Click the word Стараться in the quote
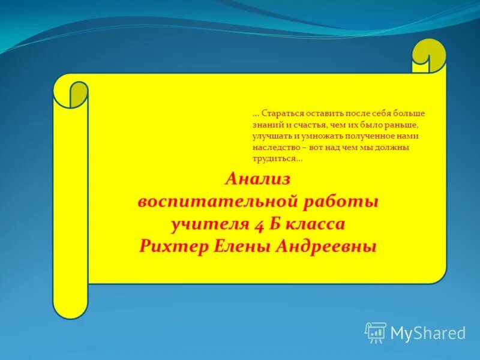(x=280, y=113)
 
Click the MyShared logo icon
(x=375, y=332)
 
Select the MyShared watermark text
(x=428, y=333)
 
